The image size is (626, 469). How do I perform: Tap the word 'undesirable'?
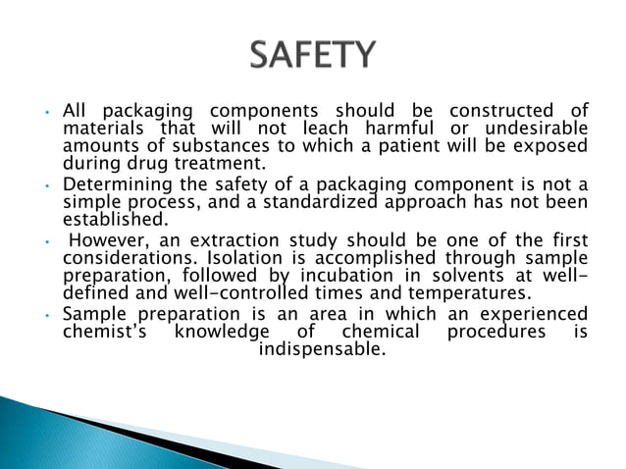coord(539,130)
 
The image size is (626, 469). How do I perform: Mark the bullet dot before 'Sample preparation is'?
coord(48,315)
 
